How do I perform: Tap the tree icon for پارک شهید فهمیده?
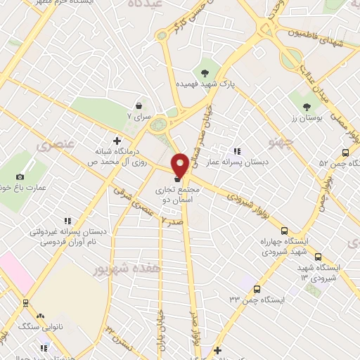pyautogui.click(x=205, y=72)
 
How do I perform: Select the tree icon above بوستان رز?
pyautogui.click(x=307, y=106)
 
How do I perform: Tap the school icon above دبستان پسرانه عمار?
pyautogui.click(x=237, y=150)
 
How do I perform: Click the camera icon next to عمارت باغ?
pyautogui.click(x=20, y=176)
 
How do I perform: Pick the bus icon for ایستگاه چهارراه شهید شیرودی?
pyautogui.click(x=284, y=231)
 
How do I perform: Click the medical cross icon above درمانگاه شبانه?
pyautogui.click(x=117, y=140)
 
